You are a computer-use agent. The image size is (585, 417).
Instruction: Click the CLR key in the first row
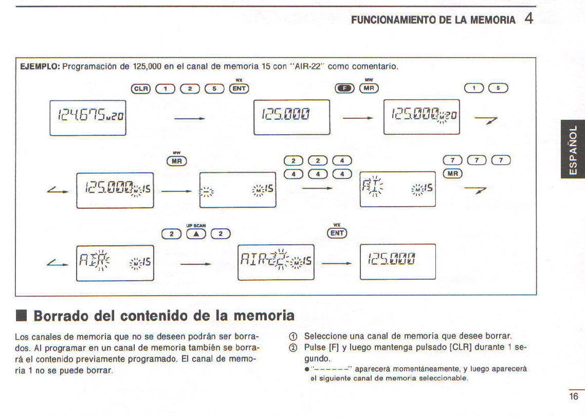coord(141,88)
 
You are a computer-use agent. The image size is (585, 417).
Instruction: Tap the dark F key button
coord(344,88)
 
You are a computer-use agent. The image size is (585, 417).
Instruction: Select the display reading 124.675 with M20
coord(88,118)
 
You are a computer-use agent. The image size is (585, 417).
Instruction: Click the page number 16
coord(574,396)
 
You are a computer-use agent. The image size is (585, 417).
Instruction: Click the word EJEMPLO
coord(40,66)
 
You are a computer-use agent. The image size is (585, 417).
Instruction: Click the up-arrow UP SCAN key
coord(195,234)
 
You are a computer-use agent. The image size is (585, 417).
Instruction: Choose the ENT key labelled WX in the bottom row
coord(337,233)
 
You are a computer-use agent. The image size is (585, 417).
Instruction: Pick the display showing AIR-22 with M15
coord(276,262)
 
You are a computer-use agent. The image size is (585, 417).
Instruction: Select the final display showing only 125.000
coord(397,262)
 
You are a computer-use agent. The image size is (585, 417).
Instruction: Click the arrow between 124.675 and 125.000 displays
coord(190,119)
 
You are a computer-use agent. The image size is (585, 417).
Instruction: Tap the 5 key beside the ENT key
coord(214,88)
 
